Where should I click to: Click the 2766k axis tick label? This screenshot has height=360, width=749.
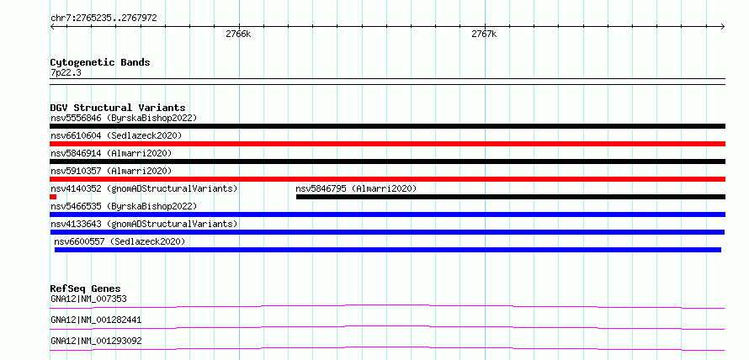238,34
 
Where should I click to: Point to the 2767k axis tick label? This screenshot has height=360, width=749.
484,34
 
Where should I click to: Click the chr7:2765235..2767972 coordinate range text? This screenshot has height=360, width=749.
104,19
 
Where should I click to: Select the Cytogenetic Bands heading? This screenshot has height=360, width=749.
100,62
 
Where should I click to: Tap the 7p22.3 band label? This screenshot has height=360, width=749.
65,72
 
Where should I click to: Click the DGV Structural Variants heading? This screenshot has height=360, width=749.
118,108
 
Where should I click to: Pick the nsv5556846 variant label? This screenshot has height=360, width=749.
124,118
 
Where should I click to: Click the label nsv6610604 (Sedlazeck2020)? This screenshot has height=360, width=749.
116,135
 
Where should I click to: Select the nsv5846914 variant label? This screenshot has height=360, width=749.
111,153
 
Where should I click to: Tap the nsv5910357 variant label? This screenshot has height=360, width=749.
111,171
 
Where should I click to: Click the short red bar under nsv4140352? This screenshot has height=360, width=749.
53,197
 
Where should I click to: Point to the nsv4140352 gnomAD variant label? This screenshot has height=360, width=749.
144,188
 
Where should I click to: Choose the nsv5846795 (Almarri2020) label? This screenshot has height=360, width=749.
356,188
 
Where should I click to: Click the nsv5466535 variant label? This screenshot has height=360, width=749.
124,206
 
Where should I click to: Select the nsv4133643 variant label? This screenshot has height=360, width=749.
144,224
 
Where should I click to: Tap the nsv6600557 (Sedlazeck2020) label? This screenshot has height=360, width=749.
120,241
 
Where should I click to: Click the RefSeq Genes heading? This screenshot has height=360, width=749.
86,289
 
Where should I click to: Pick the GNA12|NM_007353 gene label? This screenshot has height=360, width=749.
88,299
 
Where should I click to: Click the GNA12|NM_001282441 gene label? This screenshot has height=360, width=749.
96,320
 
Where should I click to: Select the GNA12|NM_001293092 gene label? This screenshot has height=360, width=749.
96,341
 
